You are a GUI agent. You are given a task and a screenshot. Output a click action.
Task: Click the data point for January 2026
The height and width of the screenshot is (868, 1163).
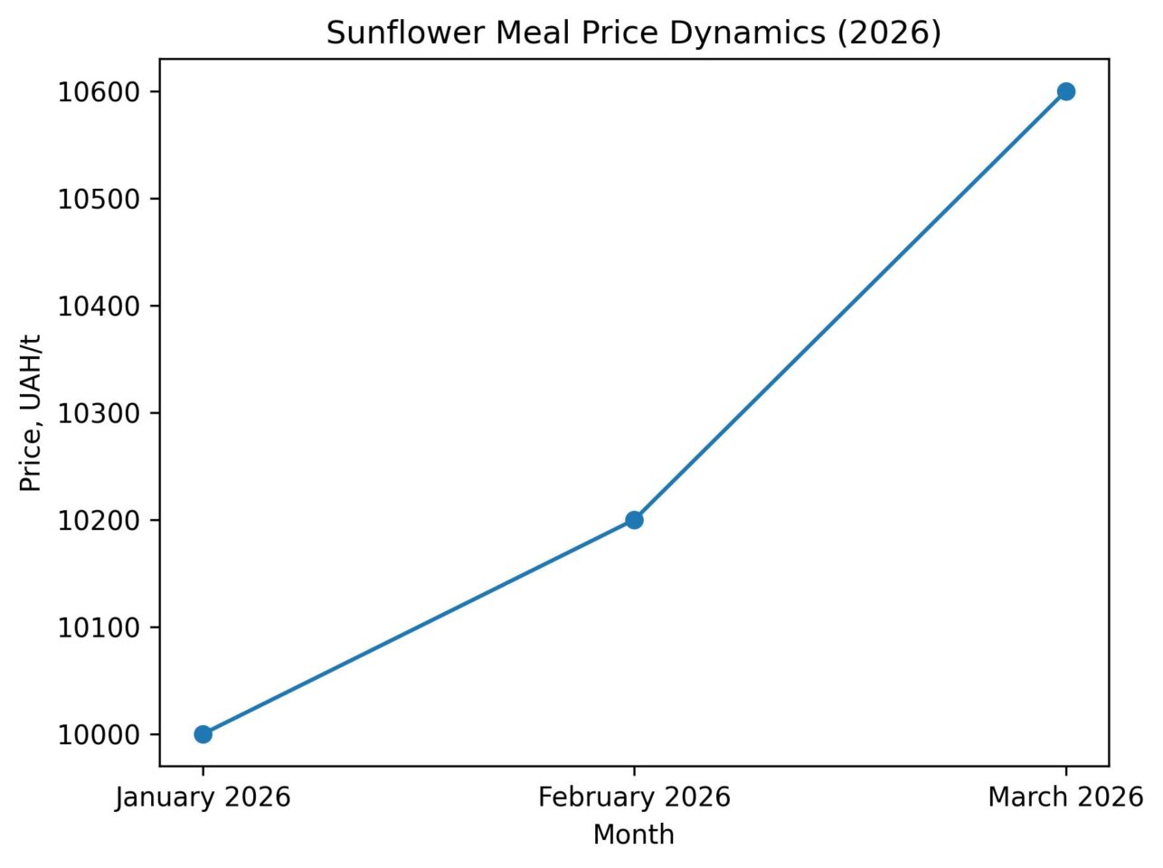pyautogui.click(x=203, y=734)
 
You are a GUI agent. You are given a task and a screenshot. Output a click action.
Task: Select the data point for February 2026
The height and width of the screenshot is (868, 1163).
pyautogui.click(x=634, y=520)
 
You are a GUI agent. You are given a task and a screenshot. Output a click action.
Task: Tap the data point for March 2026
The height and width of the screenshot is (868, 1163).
pyautogui.click(x=1065, y=91)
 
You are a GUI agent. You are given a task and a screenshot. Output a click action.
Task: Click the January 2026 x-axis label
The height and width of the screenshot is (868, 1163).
pyautogui.click(x=203, y=797)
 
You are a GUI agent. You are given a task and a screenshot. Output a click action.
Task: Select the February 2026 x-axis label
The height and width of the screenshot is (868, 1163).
pyautogui.click(x=634, y=797)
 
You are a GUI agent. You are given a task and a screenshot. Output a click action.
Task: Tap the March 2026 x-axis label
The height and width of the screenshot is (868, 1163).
pyautogui.click(x=1065, y=797)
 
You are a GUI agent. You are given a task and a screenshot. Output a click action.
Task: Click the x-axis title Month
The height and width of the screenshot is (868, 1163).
pyautogui.click(x=634, y=835)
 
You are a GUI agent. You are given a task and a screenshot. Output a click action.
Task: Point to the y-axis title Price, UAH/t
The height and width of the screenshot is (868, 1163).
pyautogui.click(x=32, y=412)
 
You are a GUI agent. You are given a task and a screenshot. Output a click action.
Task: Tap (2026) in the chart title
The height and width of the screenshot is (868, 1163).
pyautogui.click(x=891, y=33)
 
